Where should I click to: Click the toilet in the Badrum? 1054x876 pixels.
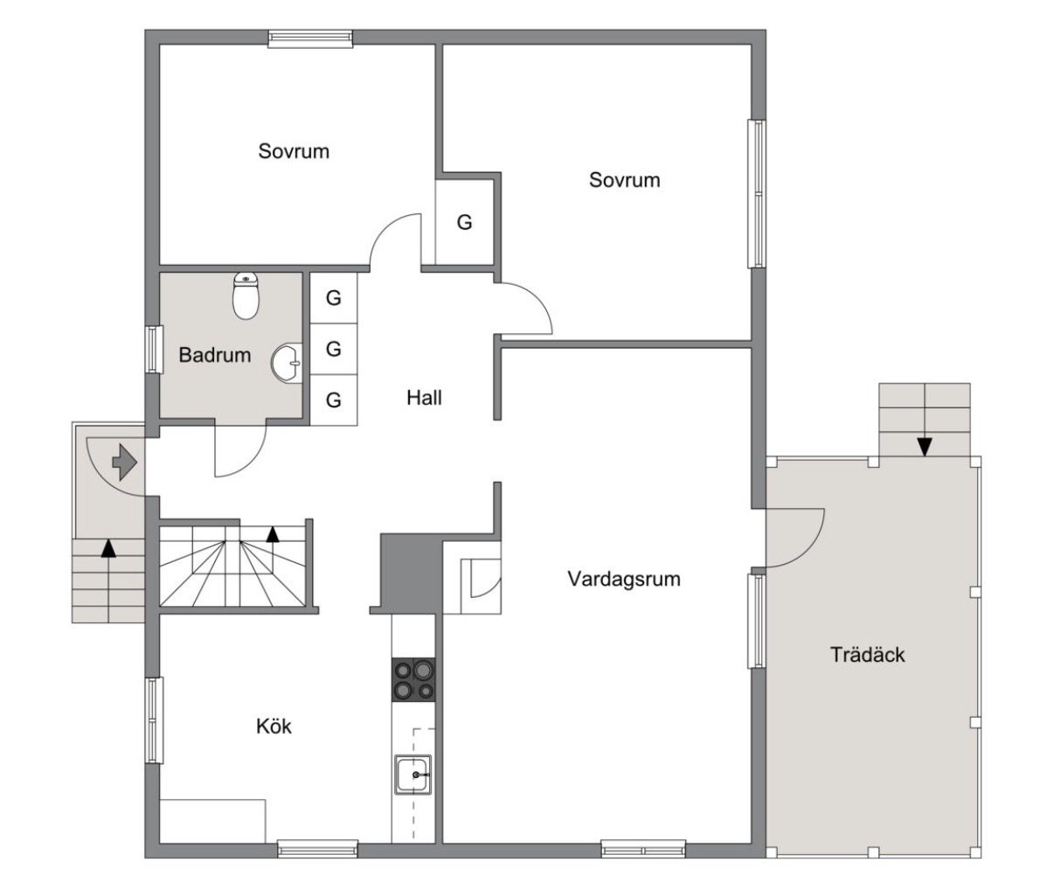pyautogui.click(x=246, y=295)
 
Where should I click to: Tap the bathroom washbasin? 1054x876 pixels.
pyautogui.click(x=287, y=363)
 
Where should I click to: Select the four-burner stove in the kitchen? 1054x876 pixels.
pyautogui.click(x=413, y=679)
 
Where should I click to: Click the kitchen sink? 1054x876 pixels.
pyautogui.click(x=413, y=775)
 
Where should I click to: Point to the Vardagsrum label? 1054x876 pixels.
pyautogui.click(x=624, y=579)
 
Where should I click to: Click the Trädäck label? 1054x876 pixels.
pyautogui.click(x=867, y=655)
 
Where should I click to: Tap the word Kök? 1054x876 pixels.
pyautogui.click(x=274, y=727)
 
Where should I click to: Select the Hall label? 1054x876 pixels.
pyautogui.click(x=424, y=398)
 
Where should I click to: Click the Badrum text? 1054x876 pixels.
pyautogui.click(x=214, y=355)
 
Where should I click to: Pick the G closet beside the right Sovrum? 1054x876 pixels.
pyautogui.click(x=464, y=222)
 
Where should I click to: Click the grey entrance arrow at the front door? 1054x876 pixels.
pyautogui.click(x=125, y=462)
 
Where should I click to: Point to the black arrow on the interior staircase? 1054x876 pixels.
pyautogui.click(x=273, y=535)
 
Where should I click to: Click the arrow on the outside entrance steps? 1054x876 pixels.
pyautogui.click(x=108, y=548)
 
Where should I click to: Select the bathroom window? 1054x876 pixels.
pyautogui.click(x=154, y=350)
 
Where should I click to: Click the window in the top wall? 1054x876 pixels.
pyautogui.click(x=310, y=38)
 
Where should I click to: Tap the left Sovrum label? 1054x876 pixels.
pyautogui.click(x=294, y=151)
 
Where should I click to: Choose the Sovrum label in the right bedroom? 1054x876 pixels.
pyautogui.click(x=624, y=180)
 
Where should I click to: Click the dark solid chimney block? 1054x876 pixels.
pyautogui.click(x=412, y=573)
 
